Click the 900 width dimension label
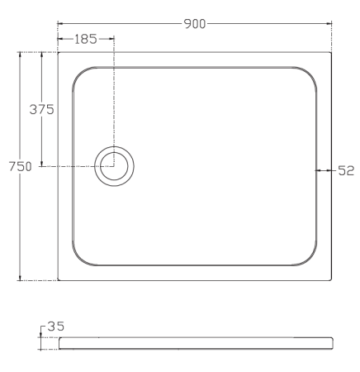click(195, 24)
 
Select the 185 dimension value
click(86, 39)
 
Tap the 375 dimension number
click(41, 109)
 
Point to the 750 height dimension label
click(21, 166)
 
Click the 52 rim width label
click(346, 171)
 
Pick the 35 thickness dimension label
click(56, 327)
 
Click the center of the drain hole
click(114, 166)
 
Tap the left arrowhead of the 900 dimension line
click(60, 24)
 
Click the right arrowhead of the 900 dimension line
click(329, 24)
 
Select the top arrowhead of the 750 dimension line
click(20, 55)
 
